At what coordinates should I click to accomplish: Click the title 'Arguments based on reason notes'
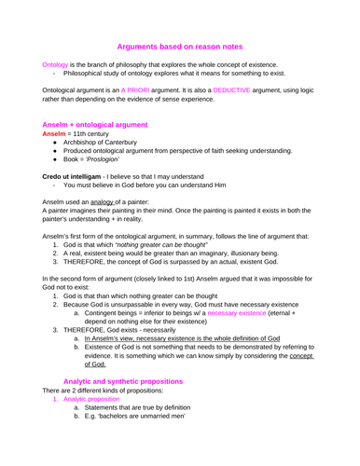pyautogui.click(x=179, y=45)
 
